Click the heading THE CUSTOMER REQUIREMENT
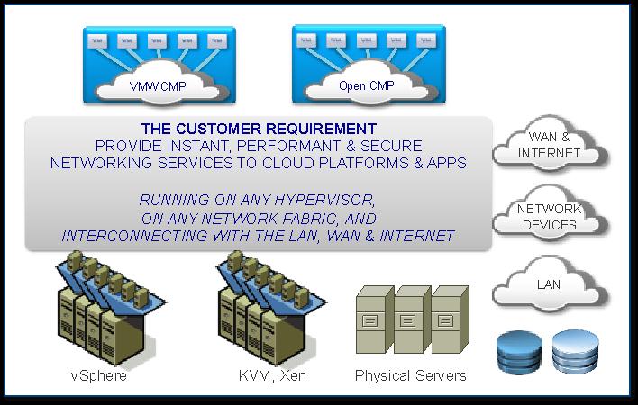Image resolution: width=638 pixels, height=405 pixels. pos(259,129)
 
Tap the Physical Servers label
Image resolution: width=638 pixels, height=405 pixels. pos(411,375)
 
